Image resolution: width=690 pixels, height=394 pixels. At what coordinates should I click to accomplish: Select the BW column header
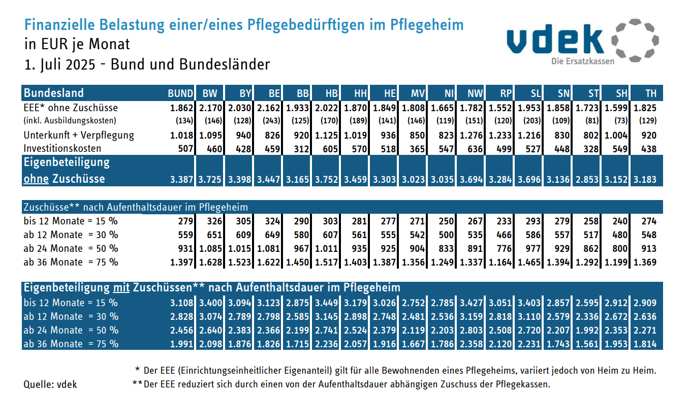(x=209, y=93)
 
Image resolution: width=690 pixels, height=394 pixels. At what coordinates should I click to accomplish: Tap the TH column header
(x=650, y=93)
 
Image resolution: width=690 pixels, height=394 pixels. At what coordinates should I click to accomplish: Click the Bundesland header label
(x=53, y=93)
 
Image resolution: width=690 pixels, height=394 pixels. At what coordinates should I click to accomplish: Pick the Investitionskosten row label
(x=62, y=149)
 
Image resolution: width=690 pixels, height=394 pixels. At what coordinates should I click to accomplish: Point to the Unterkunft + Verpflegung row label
(x=79, y=135)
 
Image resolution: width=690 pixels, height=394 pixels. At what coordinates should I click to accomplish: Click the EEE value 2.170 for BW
(x=210, y=108)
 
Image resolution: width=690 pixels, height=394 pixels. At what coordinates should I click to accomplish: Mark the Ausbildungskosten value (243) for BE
(x=272, y=121)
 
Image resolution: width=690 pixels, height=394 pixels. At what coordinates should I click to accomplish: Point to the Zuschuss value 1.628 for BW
(x=210, y=262)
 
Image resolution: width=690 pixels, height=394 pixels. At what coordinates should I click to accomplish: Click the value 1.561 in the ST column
(x=587, y=344)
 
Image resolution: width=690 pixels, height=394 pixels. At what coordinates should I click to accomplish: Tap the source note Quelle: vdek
(x=50, y=384)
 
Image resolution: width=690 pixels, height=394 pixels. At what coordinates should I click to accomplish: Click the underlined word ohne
(x=35, y=179)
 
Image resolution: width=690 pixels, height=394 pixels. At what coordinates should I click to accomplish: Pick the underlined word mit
(x=121, y=288)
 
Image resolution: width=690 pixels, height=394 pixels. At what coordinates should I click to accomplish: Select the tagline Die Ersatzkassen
(x=582, y=61)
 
